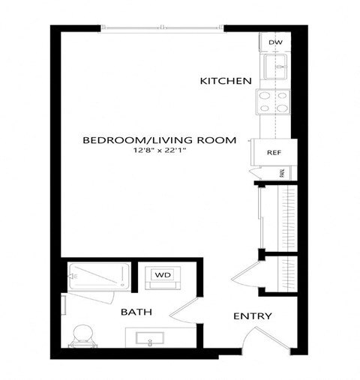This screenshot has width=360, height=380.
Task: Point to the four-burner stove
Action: tap(273, 102)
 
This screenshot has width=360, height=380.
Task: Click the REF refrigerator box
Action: tap(273, 152)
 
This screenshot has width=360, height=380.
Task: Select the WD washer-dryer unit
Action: tap(163, 275)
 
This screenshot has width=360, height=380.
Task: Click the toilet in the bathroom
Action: tap(80, 334)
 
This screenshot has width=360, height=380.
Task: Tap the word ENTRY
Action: tap(252, 316)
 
